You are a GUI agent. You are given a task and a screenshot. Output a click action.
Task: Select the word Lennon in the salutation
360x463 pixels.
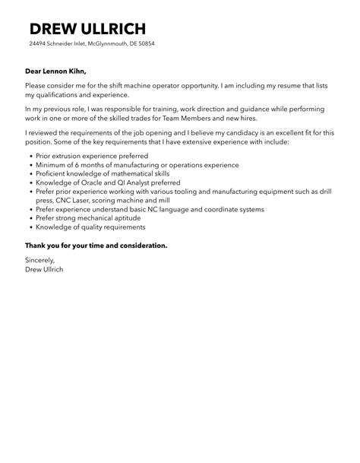(54, 71)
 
